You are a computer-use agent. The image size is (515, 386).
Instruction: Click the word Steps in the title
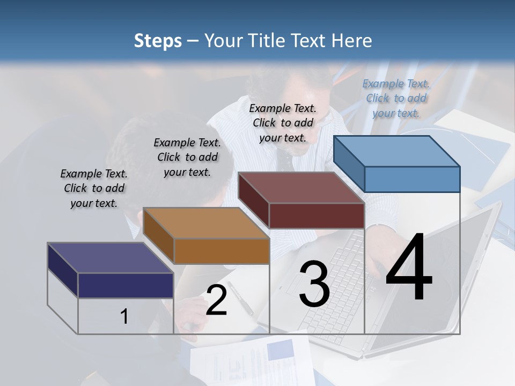coord(158,41)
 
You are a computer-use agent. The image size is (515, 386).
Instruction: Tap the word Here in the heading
coord(352,41)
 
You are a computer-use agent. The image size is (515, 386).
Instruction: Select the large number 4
coord(409,268)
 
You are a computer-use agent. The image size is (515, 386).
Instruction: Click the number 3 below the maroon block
coord(314,284)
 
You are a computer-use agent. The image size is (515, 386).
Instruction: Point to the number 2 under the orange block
coord(217,301)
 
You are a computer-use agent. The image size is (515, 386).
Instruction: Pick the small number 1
coord(124,317)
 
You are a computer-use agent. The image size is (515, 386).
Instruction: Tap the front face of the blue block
coord(412,179)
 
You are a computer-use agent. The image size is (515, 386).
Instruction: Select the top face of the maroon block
coord(301,188)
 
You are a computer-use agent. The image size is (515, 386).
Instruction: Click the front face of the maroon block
coord(317,216)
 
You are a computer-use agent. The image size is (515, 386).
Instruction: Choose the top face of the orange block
coord(206,223)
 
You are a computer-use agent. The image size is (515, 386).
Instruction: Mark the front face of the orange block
coord(221,250)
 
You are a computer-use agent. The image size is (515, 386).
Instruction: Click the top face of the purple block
coord(110,258)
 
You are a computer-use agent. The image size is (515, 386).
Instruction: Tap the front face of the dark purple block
coord(126,285)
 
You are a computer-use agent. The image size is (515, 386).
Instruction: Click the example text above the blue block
coord(396,98)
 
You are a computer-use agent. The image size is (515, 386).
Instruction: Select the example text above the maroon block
coord(283,123)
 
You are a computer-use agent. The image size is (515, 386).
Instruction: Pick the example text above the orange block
coord(187,157)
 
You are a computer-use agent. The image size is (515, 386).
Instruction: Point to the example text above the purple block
coord(94,188)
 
